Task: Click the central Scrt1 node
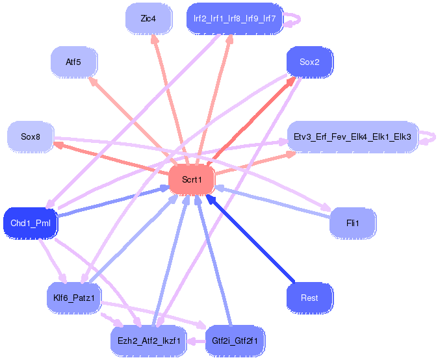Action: [192, 180]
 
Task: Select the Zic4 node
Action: [148, 19]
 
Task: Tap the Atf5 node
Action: [73, 62]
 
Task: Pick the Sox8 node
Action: [31, 137]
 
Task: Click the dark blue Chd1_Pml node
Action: [31, 224]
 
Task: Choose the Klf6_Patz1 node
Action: [74, 298]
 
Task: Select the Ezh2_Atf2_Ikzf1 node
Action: [149, 341]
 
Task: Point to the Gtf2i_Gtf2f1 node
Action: [235, 341]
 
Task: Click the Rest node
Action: [309, 298]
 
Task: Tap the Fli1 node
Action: [352, 224]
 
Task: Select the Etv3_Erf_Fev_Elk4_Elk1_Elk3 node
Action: [352, 137]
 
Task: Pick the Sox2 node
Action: [309, 62]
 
